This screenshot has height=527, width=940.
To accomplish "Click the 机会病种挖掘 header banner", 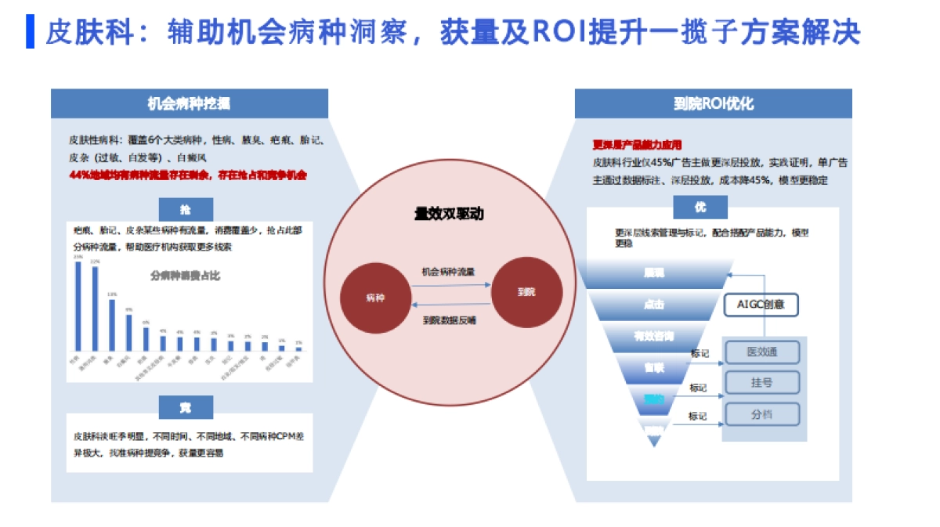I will [189, 103].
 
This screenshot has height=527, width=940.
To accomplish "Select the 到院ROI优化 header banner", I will [713, 103].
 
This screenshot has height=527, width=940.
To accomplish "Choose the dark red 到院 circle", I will [526, 292].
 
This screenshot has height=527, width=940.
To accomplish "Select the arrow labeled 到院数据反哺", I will [448, 305].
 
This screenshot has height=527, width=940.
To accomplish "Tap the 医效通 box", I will [762, 352].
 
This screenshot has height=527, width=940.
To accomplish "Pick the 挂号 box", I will [762, 383].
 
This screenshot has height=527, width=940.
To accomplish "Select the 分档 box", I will [762, 413].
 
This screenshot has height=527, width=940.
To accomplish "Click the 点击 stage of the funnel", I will [654, 305].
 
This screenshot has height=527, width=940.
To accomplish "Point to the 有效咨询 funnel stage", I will [654, 336].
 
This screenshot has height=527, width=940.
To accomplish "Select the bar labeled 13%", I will [112, 323].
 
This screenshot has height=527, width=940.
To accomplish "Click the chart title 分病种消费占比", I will [185, 276].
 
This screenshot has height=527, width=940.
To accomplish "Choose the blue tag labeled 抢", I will [185, 209].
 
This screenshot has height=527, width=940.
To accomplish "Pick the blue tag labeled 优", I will [700, 208].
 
